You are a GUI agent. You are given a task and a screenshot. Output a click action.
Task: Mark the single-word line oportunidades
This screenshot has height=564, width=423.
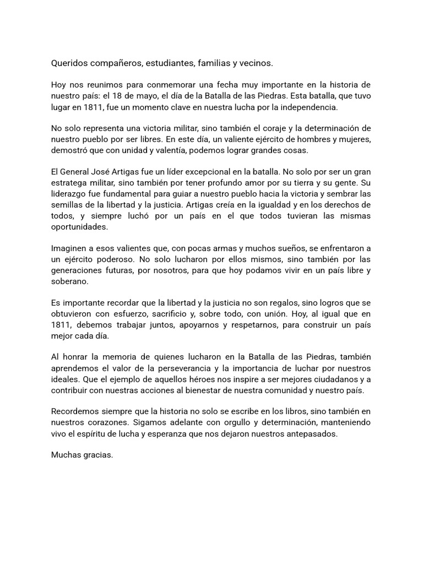click(x=79, y=226)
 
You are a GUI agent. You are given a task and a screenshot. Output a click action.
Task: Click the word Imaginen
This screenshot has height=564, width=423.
click(x=69, y=248)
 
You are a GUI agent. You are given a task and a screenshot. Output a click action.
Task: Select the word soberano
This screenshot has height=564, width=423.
click(x=69, y=280)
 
